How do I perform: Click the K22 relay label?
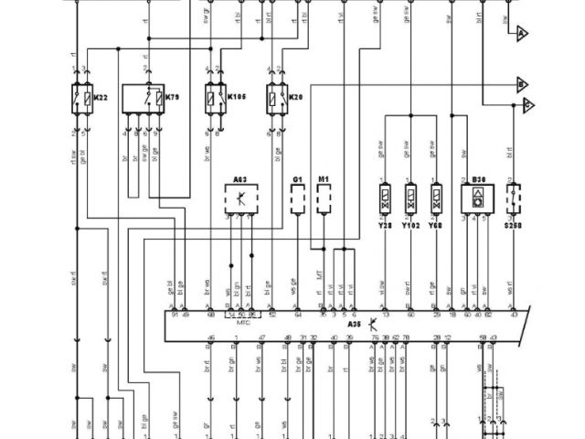101,97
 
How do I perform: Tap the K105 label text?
238,97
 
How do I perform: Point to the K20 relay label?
295,97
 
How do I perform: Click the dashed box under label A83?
240,198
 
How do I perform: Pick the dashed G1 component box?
298,199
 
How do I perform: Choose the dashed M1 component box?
324,199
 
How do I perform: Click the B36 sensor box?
477,198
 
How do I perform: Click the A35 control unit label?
354,324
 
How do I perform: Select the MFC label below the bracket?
243,322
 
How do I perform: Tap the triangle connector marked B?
522,84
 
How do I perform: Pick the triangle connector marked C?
528,107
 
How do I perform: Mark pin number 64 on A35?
298,314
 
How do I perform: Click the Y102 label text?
410,222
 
